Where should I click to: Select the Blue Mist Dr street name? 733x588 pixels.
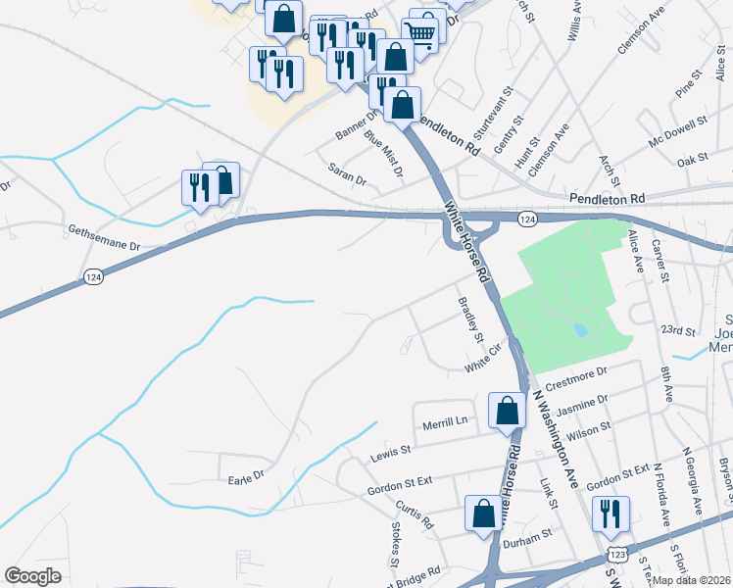click(384, 154)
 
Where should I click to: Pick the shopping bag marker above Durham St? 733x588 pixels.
click(483, 514)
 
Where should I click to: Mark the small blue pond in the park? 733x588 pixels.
click(581, 330)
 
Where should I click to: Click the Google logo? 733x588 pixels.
click(33, 576)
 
